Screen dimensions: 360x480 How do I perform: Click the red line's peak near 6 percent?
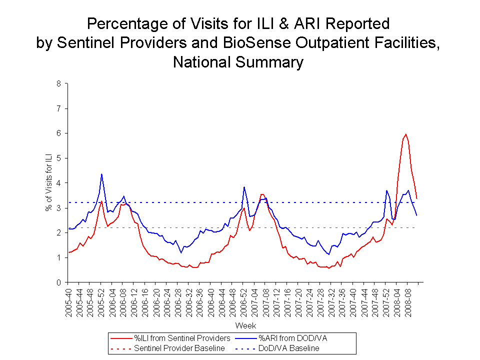405,134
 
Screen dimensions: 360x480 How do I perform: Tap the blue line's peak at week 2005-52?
101,174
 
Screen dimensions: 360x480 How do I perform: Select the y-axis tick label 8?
58,83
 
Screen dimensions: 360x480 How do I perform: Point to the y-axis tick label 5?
58,158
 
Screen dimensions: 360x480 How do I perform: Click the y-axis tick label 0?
58,282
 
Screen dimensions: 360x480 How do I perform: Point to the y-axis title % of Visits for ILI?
49,183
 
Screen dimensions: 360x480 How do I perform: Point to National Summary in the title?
238,62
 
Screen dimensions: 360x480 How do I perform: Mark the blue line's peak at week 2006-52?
244,187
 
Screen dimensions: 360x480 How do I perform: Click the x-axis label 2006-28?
177,299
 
